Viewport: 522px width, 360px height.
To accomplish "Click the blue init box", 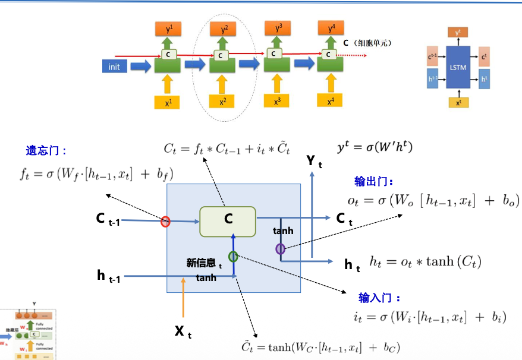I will pos(114,67).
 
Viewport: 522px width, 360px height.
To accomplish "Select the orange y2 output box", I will pos(224,28).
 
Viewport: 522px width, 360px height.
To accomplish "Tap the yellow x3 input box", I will pos(277,101).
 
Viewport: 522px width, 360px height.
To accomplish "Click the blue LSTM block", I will pos(458,67).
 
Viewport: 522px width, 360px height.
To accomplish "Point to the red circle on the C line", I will pos(165,222).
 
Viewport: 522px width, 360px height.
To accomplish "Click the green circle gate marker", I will pos(233,257).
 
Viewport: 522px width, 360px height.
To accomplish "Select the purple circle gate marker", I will pos(280,249).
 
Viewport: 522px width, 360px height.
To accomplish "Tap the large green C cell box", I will pos(228,221).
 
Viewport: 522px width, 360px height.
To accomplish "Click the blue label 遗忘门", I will pos(46,151).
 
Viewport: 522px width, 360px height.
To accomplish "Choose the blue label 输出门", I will pos(374,182).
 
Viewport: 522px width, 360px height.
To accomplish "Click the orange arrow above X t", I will pos(184,300).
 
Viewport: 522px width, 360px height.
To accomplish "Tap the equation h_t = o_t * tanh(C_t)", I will pos(425,262).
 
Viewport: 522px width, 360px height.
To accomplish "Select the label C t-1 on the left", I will pos(108,219).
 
